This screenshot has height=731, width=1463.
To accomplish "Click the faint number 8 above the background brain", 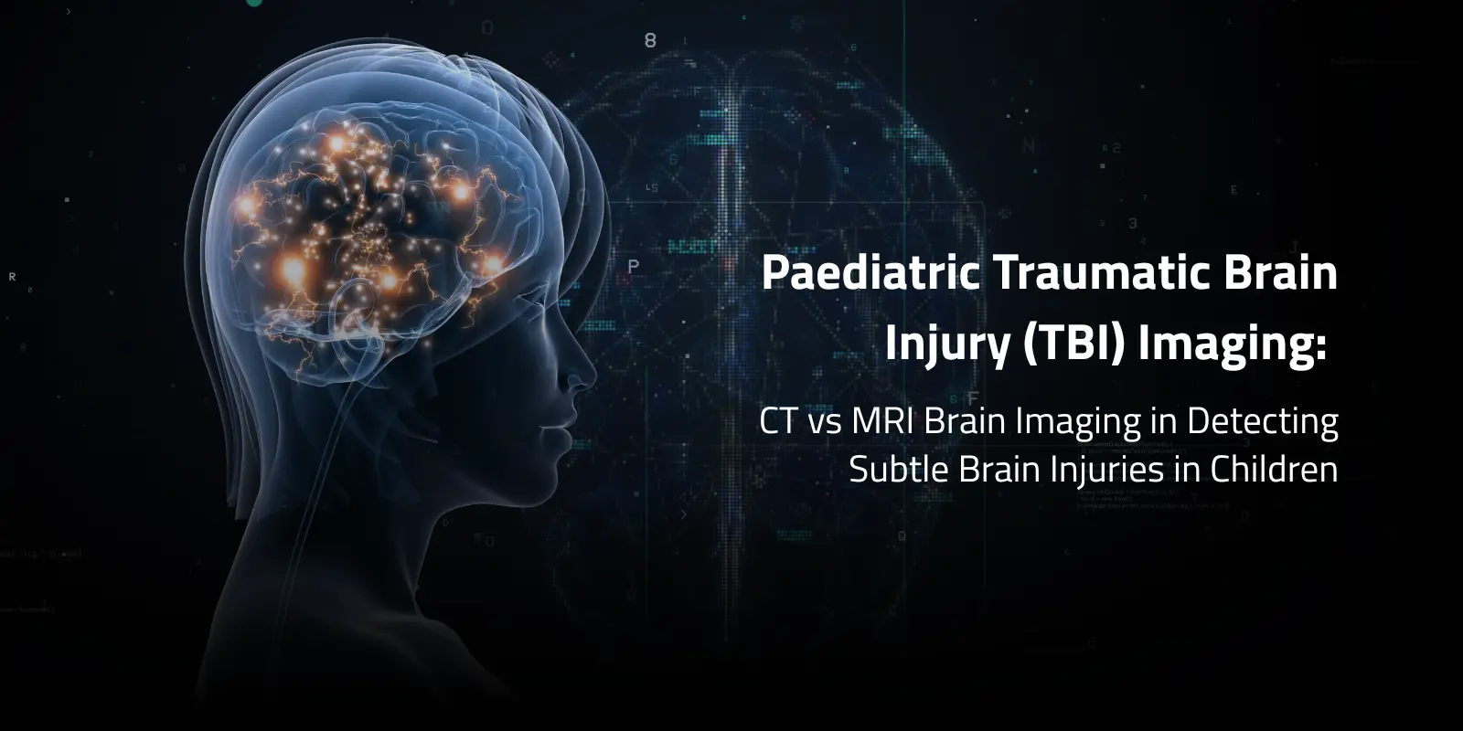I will coord(650,40).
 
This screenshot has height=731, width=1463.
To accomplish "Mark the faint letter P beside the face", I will coord(634,267).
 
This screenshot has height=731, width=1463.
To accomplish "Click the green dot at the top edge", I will coord(254,3).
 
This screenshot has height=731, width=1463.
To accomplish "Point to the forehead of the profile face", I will coord(549,274).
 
